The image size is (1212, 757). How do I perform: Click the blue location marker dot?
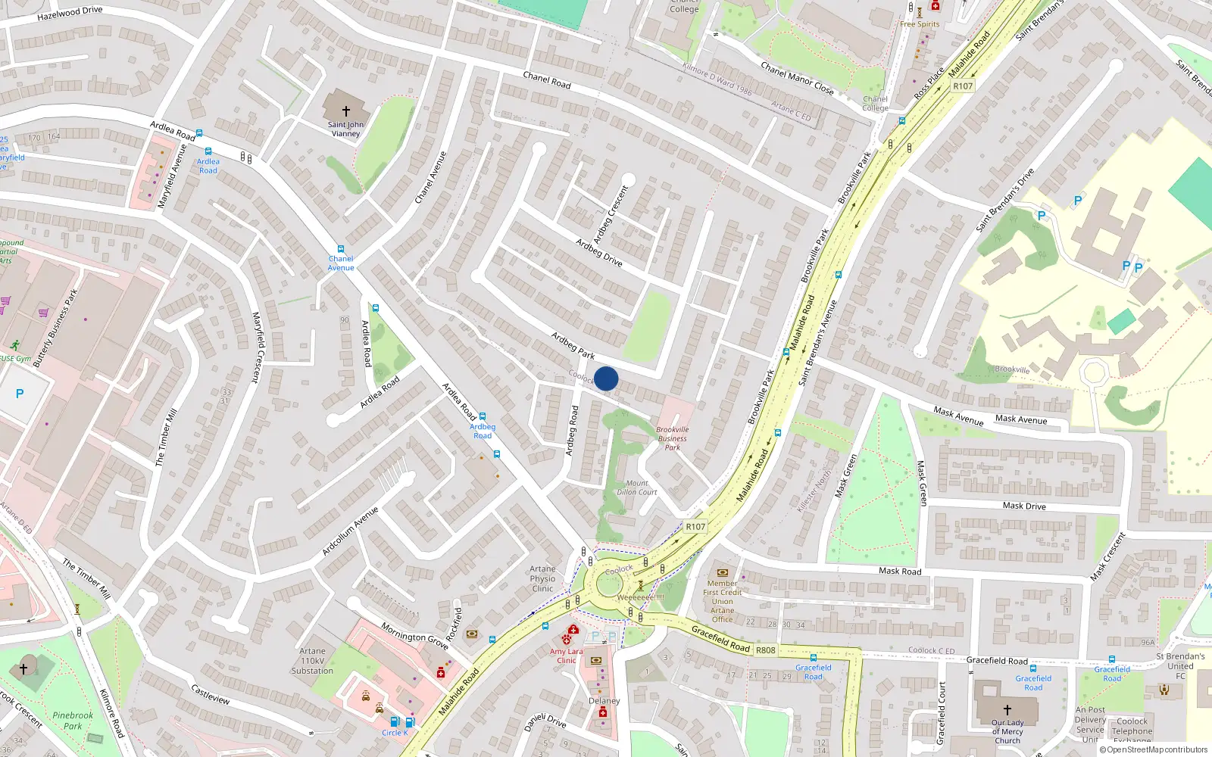[606, 378]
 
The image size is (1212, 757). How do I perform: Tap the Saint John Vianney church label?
[345, 129]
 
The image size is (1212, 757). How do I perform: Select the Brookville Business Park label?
[673, 438]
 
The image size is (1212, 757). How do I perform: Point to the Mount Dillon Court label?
[637, 488]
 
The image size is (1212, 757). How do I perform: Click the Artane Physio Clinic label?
[542, 579]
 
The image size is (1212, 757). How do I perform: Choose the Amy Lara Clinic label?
[567, 656]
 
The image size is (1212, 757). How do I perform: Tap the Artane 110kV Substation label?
[312, 661]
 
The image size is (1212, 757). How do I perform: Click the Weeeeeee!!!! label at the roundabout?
[640, 597]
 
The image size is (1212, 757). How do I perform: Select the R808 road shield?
[766, 650]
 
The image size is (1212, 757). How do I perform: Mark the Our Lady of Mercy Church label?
[1007, 731]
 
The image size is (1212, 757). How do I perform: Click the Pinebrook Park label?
[73, 721]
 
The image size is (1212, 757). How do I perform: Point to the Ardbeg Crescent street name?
[611, 213]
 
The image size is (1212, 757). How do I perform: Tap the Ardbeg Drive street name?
[598, 253]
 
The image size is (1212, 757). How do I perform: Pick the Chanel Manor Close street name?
[797, 79]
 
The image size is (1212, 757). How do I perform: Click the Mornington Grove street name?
[414, 636]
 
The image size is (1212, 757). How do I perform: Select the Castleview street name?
[211, 695]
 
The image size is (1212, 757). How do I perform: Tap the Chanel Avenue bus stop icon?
[341, 249]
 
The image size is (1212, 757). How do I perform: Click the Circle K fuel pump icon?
[394, 721]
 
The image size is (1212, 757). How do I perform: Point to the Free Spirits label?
[920, 24]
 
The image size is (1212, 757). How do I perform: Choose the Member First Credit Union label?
[722, 597]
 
